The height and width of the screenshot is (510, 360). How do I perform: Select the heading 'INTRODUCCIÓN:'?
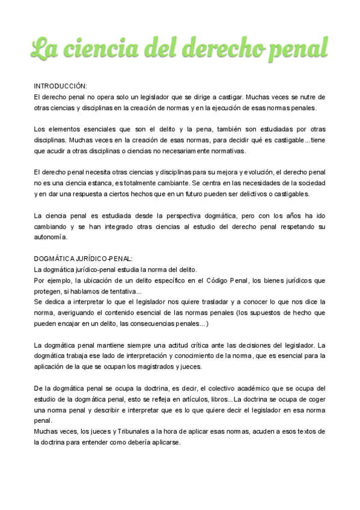(61, 86)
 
